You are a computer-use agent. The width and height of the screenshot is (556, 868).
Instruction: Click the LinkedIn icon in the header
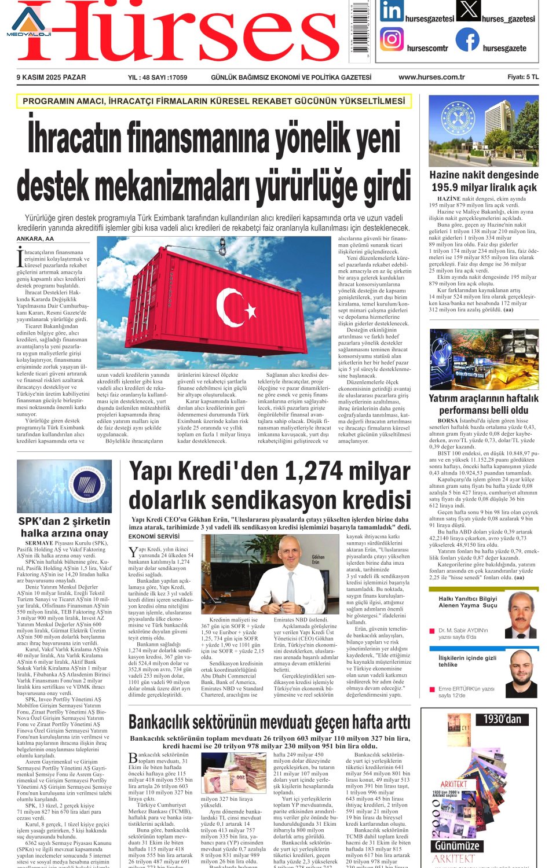pos(392,11)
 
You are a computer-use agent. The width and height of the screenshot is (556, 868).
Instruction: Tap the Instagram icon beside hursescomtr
pos(392,39)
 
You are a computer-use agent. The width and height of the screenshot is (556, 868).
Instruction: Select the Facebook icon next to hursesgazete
pos(467,39)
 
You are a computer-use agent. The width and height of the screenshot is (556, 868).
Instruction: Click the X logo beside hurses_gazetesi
pos(468,10)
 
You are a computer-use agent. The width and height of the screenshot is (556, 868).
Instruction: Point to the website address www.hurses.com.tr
pos(431,77)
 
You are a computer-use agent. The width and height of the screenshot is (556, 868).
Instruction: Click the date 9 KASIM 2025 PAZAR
pos(51,77)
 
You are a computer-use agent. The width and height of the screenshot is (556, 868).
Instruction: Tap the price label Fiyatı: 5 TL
pos(522,77)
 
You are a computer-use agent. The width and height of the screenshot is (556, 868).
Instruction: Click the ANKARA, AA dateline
pos(35,238)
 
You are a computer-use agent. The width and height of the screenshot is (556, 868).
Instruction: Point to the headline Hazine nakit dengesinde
pos(484,175)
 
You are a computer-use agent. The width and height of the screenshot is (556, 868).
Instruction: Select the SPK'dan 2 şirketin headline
pos(64,521)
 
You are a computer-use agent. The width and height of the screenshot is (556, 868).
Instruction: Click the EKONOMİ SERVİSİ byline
pos(154,536)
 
